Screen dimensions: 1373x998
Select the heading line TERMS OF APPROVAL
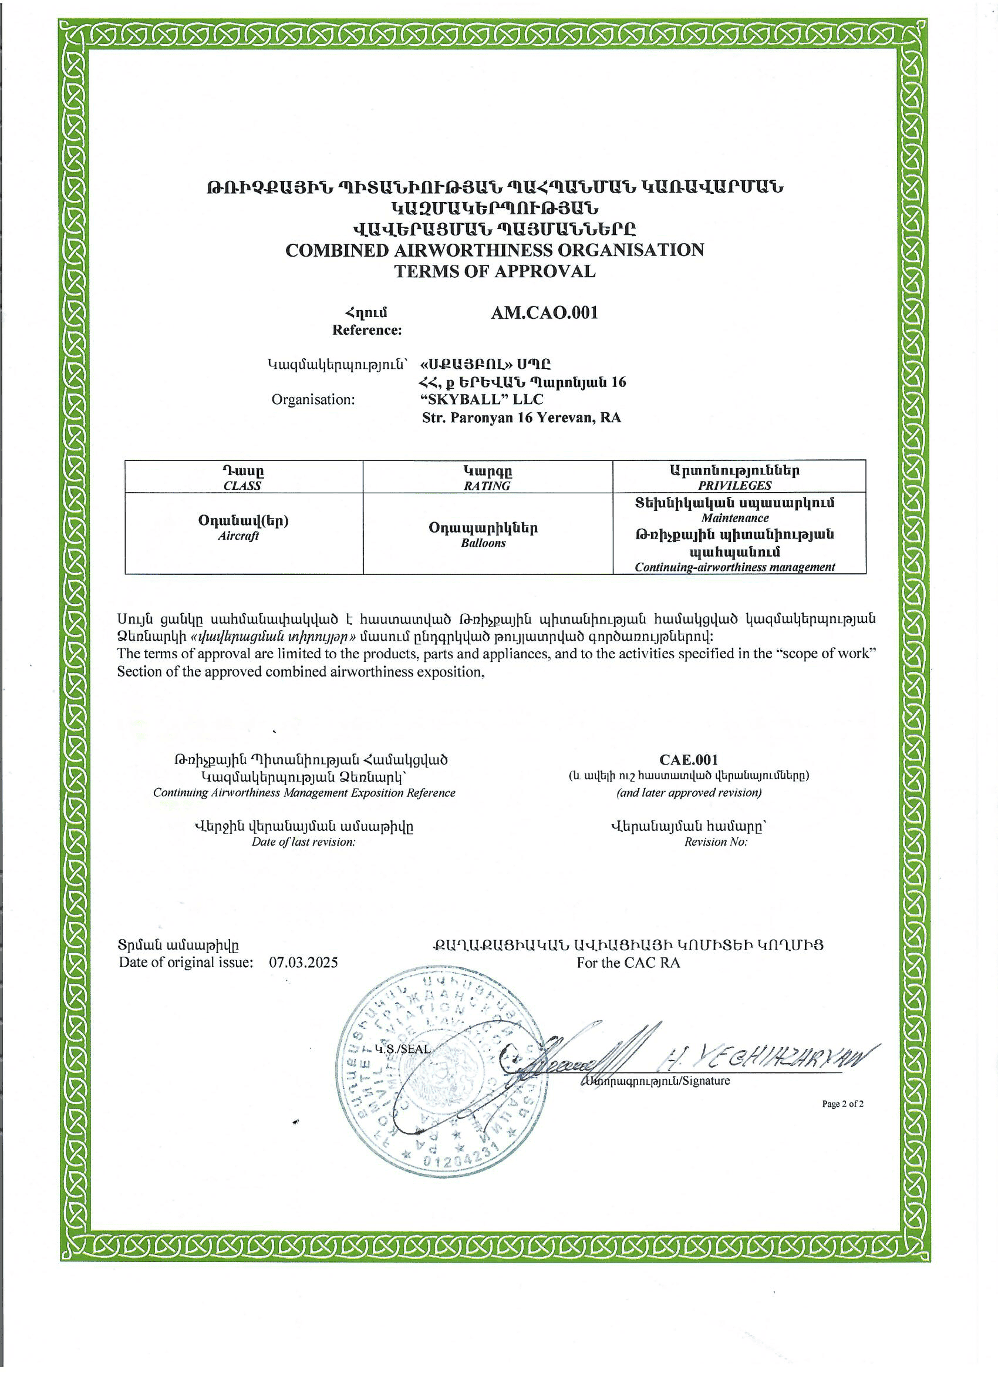tap(494, 271)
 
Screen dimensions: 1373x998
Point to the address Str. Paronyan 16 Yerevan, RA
tap(521, 418)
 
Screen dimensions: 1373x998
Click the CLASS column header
tap(242, 486)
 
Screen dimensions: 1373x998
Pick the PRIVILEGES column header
tap(734, 486)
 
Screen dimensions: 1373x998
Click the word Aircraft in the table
tap(238, 536)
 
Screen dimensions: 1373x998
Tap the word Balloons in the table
tap(483, 543)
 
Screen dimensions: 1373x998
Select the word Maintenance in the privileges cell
tap(735, 518)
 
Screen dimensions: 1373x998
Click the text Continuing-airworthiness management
tap(734, 567)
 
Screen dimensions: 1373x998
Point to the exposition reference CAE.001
tap(689, 760)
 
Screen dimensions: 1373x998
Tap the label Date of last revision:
tap(303, 842)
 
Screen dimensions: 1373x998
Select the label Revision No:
tap(716, 842)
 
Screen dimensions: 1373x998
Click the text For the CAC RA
tap(628, 963)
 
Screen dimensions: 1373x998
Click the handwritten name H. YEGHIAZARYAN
tap(768, 1059)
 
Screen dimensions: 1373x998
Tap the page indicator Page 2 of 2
tap(842, 1104)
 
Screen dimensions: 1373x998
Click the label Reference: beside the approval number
tap(367, 331)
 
